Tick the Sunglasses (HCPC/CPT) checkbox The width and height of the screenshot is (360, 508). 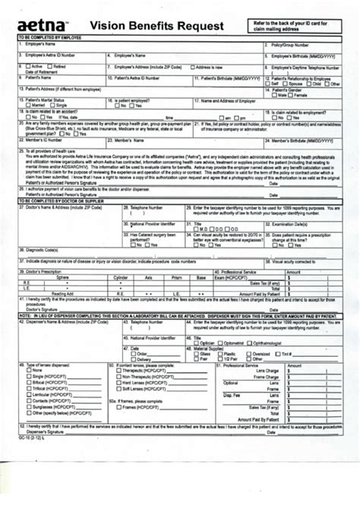(23, 408)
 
